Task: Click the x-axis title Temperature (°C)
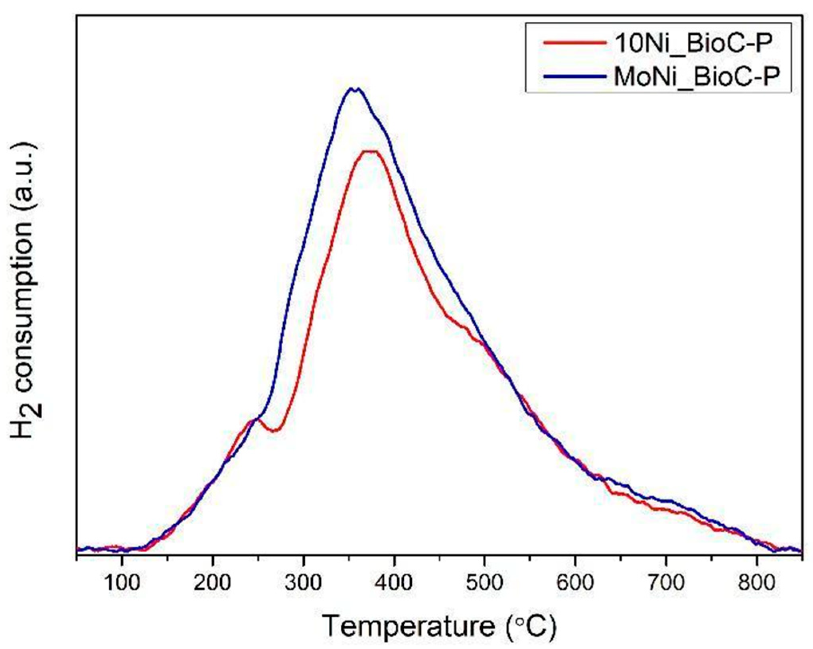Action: (439, 627)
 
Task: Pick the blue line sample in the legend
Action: (572, 76)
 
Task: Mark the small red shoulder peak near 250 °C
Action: (255, 420)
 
